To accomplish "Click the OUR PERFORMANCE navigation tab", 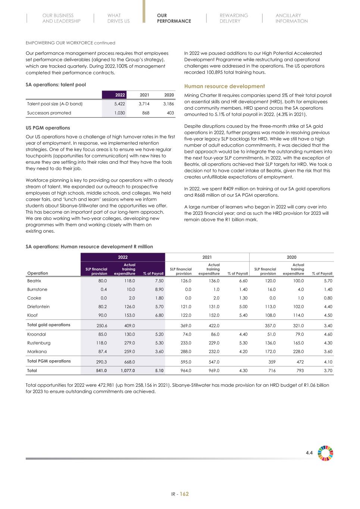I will [x=174, y=18].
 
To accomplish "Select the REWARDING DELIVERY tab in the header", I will [x=234, y=18].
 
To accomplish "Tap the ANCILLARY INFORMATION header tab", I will [x=291, y=18].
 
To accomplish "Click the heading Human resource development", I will [x=225, y=86].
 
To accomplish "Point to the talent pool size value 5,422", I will [x=120, y=104].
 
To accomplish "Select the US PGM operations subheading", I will [x=48, y=128].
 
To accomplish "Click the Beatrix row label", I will [x=34, y=281].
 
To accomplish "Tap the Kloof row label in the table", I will [x=32, y=315].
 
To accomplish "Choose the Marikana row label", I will [x=37, y=351].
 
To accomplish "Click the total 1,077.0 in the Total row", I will [x=128, y=371].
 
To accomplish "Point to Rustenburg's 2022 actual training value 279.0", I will [x=130, y=343].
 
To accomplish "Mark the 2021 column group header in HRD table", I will [x=207, y=257].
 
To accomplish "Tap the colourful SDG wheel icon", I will [x=325, y=453].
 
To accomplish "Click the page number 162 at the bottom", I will [x=184, y=494].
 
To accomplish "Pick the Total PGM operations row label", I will [x=49, y=361].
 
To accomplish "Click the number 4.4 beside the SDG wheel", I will [x=309, y=453].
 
